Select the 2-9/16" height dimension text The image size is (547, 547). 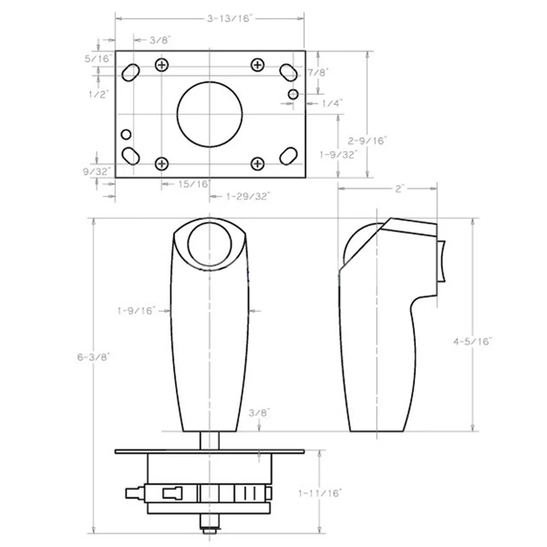point(367,140)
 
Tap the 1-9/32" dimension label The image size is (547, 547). point(338,155)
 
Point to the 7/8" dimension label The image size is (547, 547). point(318,72)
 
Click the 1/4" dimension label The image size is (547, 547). point(332,103)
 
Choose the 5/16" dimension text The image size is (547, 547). point(97,59)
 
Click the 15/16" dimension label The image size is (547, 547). point(194,183)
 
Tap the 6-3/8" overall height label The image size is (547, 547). point(92,356)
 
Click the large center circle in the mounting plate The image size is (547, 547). point(210,114)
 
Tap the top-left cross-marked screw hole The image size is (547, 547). point(161,65)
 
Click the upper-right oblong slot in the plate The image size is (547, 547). point(288,72)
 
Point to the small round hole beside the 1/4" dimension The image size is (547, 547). point(293,93)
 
